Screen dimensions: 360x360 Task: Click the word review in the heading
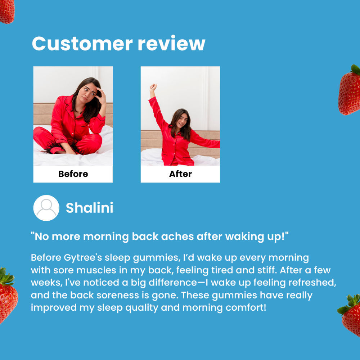(171, 44)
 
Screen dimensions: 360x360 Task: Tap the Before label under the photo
(73, 174)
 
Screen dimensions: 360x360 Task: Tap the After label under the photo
(180, 174)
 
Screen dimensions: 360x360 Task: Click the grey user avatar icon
(46, 208)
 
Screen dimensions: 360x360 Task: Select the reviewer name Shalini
(90, 208)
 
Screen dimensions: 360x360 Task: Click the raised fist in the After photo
(153, 87)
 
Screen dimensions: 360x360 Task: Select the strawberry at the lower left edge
(7, 295)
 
